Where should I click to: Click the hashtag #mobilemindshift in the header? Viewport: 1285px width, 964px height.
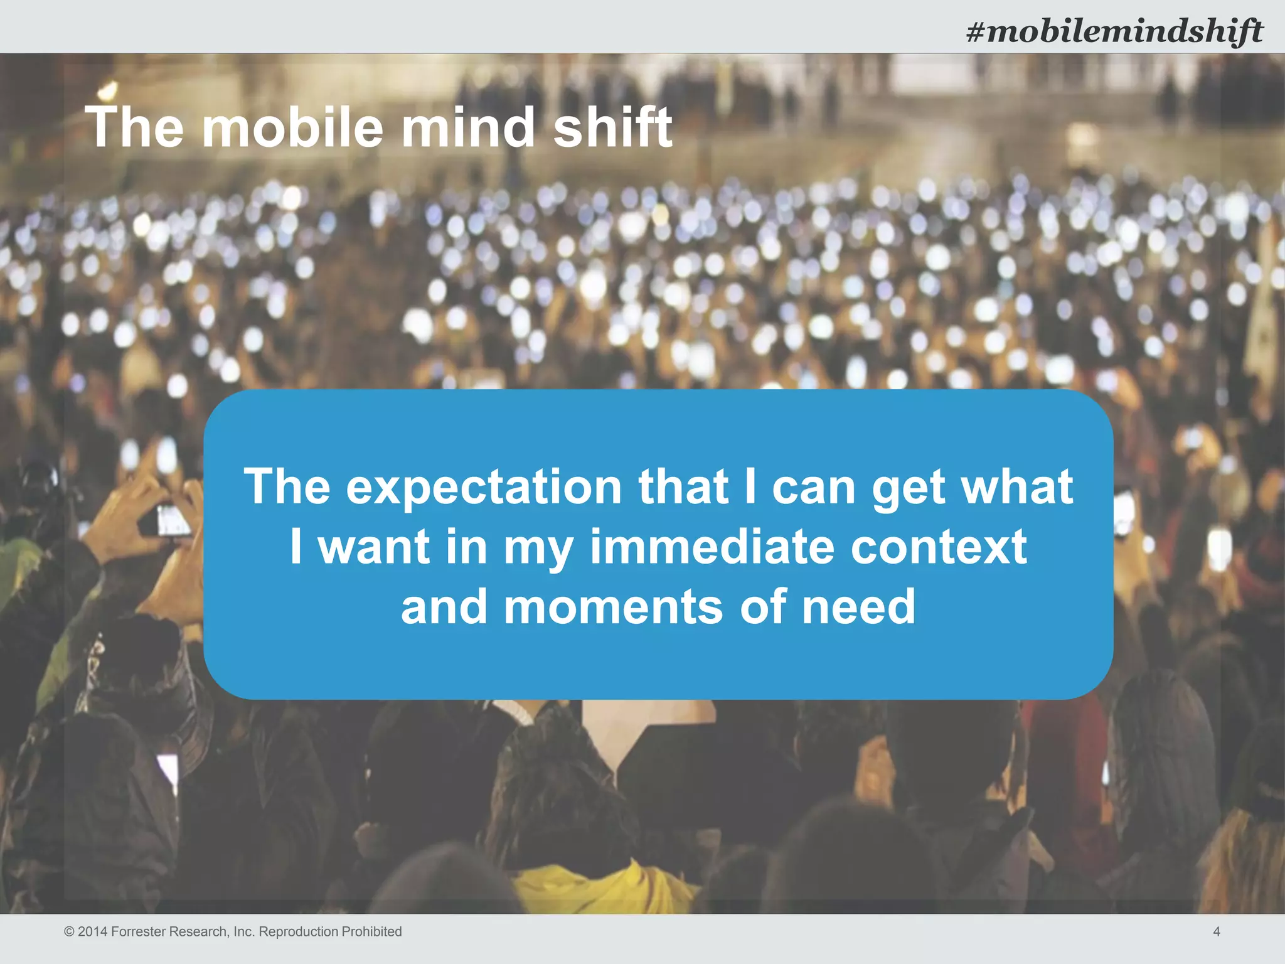pos(1114,31)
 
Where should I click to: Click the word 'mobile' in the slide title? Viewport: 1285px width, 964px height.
pos(292,127)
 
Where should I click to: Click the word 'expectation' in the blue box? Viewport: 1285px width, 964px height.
pos(484,488)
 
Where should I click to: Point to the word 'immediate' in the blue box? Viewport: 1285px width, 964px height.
pos(712,547)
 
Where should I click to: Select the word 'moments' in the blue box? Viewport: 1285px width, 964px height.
pos(613,607)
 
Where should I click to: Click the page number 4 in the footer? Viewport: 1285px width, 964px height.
pos(1217,932)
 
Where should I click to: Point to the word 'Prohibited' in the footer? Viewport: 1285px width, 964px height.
pos(373,932)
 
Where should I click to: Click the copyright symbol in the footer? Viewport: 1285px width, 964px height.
pos(69,932)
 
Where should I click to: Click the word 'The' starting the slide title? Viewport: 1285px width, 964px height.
pos(134,127)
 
